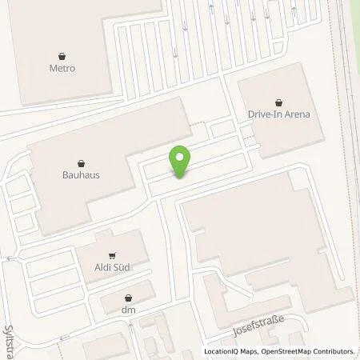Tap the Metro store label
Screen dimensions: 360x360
(x=62, y=69)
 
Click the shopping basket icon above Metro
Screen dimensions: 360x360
(x=62, y=56)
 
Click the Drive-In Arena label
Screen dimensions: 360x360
(x=278, y=114)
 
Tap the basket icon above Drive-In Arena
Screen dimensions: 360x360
(x=278, y=102)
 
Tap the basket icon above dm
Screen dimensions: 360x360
(x=128, y=297)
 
